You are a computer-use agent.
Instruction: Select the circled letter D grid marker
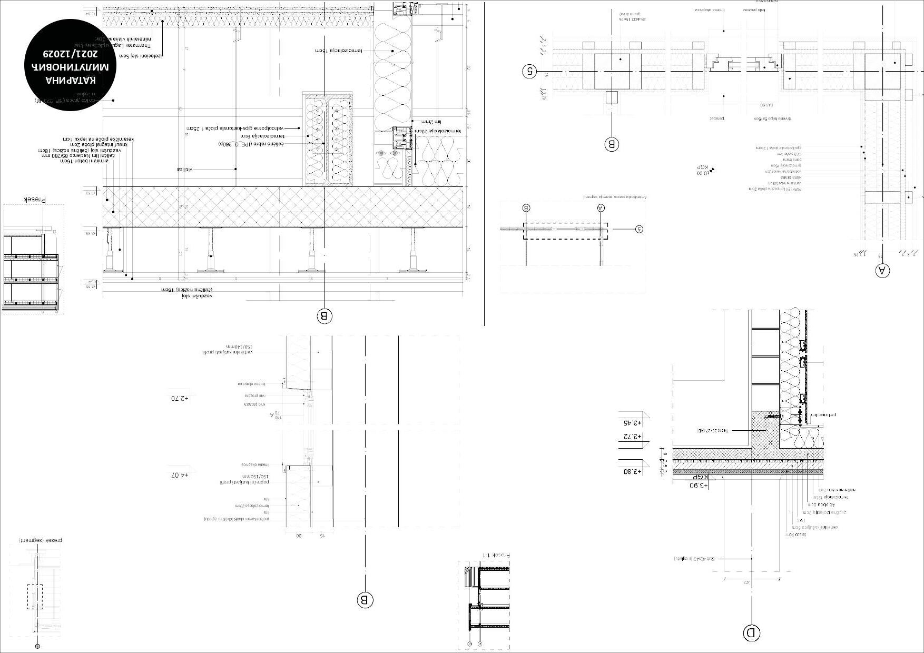point(751,632)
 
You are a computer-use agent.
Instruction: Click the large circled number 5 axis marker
point(529,71)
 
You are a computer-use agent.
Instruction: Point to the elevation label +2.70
point(179,399)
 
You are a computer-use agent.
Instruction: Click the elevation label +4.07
point(179,475)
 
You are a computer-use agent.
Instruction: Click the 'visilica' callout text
point(185,169)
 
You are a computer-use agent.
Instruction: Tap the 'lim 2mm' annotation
point(431,122)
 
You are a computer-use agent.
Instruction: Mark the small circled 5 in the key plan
point(639,229)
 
